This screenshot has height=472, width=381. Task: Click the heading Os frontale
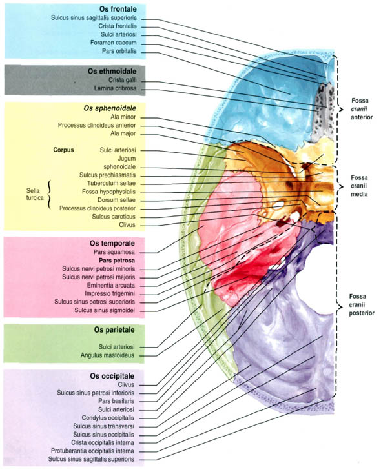[x=118, y=9]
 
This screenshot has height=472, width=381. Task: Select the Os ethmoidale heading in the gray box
[x=112, y=72]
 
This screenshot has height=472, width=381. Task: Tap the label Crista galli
[x=123, y=80]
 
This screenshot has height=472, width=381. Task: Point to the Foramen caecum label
[x=114, y=43]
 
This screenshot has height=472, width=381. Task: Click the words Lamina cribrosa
[x=115, y=88]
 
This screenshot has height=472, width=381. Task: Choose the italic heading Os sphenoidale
[x=110, y=108]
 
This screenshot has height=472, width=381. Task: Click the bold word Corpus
[x=63, y=150]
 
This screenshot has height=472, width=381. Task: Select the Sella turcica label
[x=35, y=194]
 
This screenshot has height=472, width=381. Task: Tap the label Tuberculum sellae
[x=111, y=183]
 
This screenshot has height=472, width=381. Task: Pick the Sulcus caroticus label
[x=114, y=217]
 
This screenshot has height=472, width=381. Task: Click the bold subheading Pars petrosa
[x=117, y=261]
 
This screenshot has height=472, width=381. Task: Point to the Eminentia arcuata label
[x=111, y=286]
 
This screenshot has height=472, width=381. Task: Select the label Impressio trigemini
[x=110, y=293]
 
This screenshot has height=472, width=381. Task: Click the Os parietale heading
[x=114, y=330]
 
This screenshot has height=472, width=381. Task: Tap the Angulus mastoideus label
[x=107, y=355]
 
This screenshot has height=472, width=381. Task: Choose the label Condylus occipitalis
[x=108, y=418]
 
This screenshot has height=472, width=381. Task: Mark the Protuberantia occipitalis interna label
[x=92, y=451]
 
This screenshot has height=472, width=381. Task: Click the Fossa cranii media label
[x=359, y=186]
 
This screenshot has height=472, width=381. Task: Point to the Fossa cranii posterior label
[x=362, y=304]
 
